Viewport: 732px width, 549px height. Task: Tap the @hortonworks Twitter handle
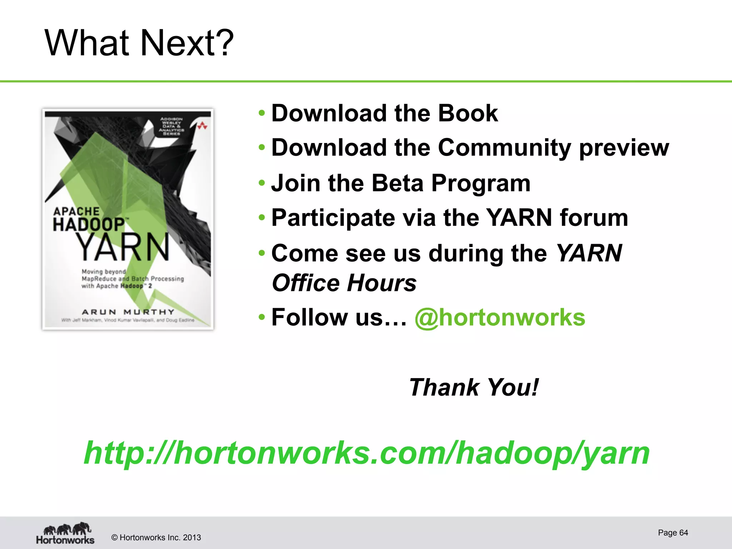[500, 317]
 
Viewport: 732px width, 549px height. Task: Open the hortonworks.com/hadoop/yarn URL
[366, 453]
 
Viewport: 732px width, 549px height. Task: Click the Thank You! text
[474, 387]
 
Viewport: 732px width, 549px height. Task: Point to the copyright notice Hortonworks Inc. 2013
[156, 538]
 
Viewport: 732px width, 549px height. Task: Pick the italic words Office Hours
[344, 283]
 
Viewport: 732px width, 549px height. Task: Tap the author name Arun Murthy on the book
[128, 312]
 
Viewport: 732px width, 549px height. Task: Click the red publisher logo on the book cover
[203, 125]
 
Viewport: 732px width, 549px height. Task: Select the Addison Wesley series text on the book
[171, 126]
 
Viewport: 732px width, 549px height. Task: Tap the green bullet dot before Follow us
[262, 317]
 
